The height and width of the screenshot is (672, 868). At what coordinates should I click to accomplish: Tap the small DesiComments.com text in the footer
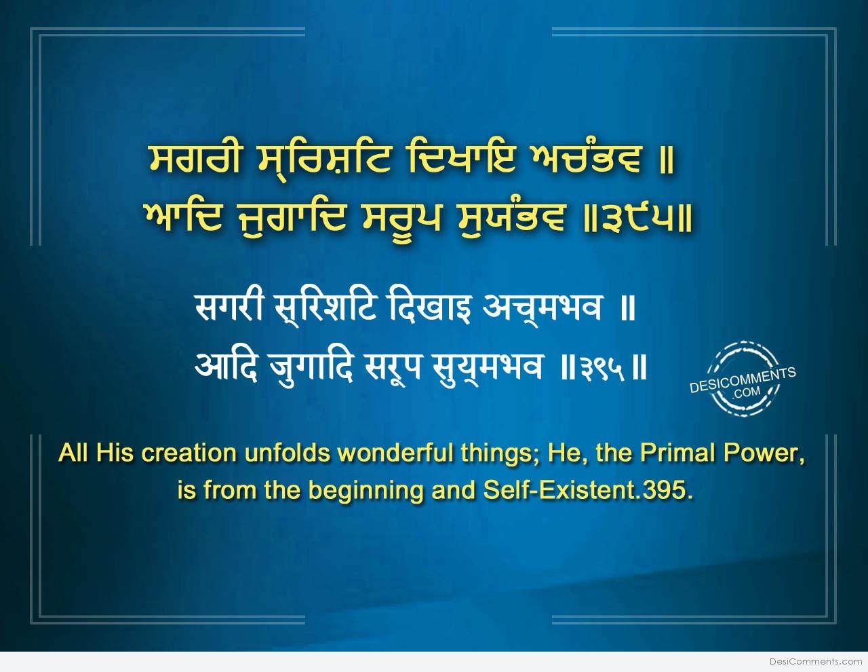click(816, 662)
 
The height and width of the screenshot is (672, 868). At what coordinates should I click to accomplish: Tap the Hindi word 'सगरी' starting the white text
click(229, 307)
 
